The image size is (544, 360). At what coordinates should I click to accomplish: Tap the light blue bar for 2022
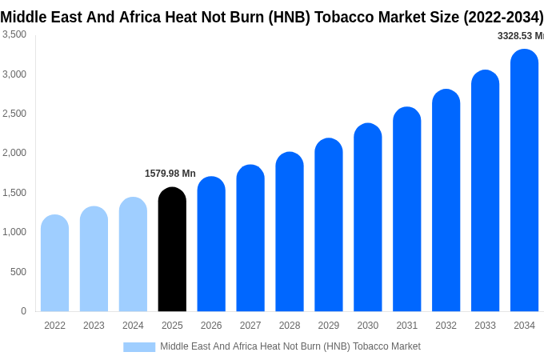pyautogui.click(x=54, y=263)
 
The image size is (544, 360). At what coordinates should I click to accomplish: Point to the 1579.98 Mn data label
pyautogui.click(x=170, y=174)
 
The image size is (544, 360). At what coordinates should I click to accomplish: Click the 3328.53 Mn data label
pyautogui.click(x=520, y=36)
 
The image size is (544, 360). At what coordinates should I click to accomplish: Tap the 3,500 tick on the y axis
pyautogui.click(x=14, y=34)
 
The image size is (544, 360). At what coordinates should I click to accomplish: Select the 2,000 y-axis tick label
pyautogui.click(x=14, y=153)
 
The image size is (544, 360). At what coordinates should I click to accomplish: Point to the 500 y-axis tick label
pyautogui.click(x=18, y=272)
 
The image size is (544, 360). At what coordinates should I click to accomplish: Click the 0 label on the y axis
pyautogui.click(x=23, y=311)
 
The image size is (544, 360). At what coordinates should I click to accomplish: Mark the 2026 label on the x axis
pyautogui.click(x=211, y=326)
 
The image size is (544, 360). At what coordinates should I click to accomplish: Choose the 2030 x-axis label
pyautogui.click(x=368, y=326)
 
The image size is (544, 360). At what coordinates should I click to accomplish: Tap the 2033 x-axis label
pyautogui.click(x=485, y=326)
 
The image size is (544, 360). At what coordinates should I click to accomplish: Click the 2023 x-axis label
pyautogui.click(x=94, y=326)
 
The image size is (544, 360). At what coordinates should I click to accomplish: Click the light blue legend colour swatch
pyautogui.click(x=139, y=346)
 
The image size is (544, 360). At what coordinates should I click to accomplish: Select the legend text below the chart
pyautogui.click(x=290, y=346)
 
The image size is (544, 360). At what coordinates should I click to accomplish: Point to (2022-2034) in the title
pyautogui.click(x=502, y=17)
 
